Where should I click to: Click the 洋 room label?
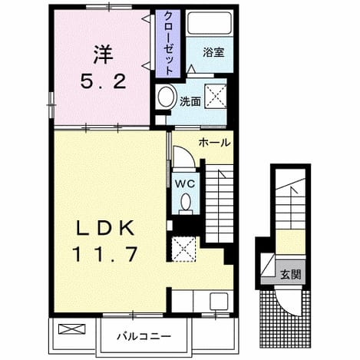(x=103, y=55)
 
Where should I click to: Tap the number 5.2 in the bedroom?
(x=104, y=81)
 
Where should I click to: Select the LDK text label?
(x=105, y=228)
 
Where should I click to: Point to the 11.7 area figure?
(x=105, y=253)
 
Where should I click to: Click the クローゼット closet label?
(x=168, y=43)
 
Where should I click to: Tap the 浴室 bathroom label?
(x=213, y=52)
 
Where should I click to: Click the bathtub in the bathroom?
(x=210, y=23)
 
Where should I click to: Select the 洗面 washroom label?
(x=190, y=101)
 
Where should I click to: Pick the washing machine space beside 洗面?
(x=216, y=96)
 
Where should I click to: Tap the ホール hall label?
(x=214, y=143)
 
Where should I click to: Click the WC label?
(x=185, y=183)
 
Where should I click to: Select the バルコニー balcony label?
(x=144, y=336)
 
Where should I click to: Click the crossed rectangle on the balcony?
(x=71, y=329)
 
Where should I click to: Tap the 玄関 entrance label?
(x=291, y=275)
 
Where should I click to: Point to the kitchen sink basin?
(x=219, y=302)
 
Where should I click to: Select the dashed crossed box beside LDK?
(x=183, y=249)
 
